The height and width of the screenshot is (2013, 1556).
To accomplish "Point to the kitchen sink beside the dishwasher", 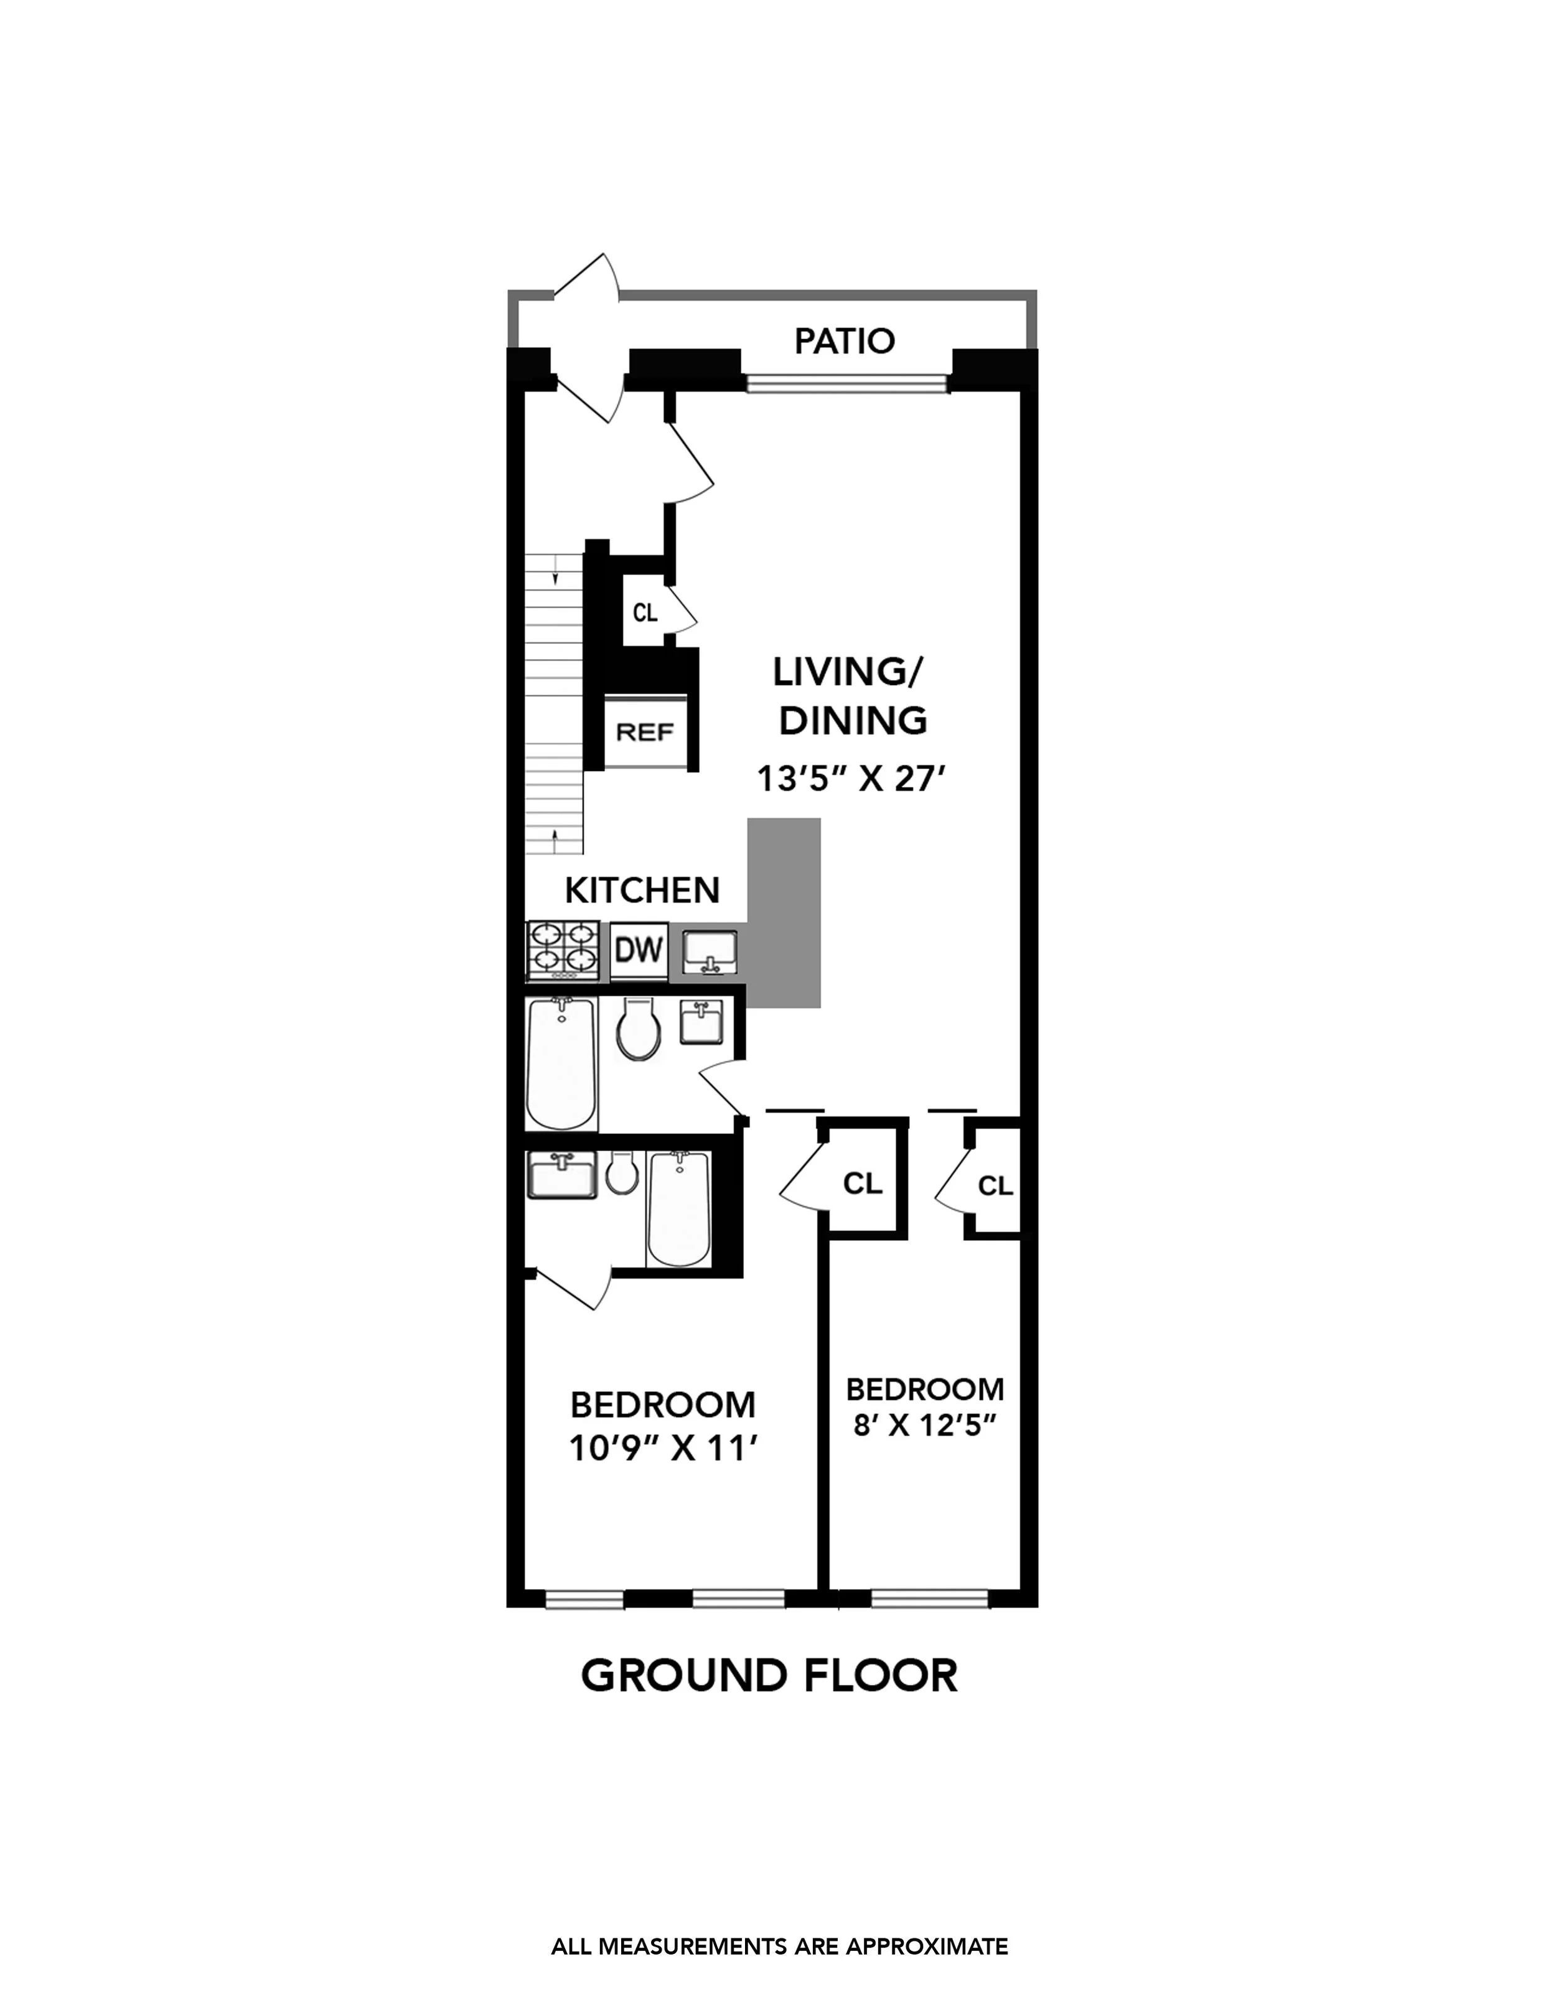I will [710, 951].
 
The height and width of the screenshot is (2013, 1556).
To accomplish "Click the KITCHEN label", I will [642, 890].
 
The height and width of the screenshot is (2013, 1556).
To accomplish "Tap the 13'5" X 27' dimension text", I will [851, 780].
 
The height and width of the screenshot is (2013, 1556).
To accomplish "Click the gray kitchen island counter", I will [784, 912].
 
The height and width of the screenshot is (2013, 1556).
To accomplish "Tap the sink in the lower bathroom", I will [562, 1175].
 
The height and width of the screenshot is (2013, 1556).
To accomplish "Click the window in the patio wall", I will [846, 383].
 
